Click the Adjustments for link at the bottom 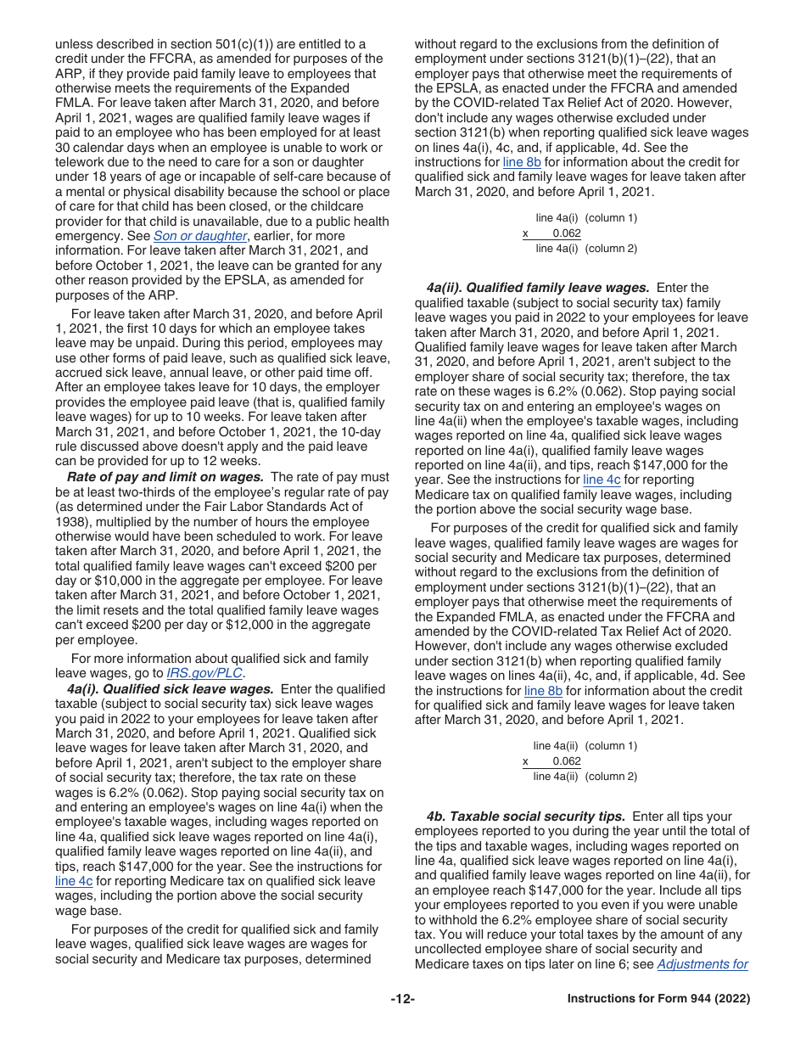coord(702,964)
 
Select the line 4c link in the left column coord(74,881)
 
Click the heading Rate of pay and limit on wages coord(165,477)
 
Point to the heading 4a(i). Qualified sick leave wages coord(170,689)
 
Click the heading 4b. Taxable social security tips coord(526,817)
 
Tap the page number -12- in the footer coord(403,999)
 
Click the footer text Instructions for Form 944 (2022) coord(658,999)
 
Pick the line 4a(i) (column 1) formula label coord(586,218)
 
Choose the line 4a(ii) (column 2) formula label coord(585,777)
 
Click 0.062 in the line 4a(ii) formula coord(566,761)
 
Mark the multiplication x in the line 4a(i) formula coord(525,233)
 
